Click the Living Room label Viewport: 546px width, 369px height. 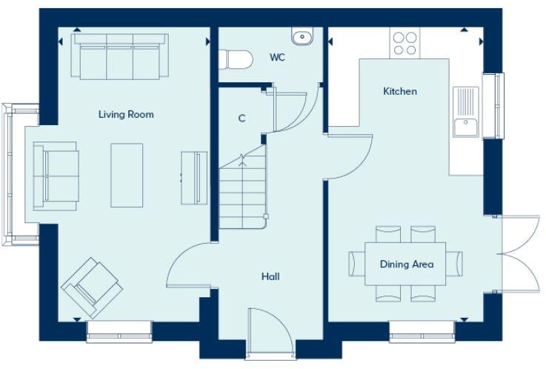(126, 114)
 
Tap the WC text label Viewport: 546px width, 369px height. (277, 57)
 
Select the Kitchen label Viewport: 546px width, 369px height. (399, 91)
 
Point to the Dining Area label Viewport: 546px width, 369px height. (406, 264)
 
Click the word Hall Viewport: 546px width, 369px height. (270, 276)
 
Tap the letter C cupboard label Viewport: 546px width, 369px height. (242, 118)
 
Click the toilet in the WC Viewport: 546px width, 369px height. (234, 58)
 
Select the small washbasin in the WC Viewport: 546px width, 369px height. (302, 36)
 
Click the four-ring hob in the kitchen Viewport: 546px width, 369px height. (404, 43)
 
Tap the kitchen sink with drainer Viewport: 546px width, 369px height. (465, 112)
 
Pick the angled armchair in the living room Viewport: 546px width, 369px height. (92, 287)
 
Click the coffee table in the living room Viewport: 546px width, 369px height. (127, 175)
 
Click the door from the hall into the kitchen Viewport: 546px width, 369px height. (348, 154)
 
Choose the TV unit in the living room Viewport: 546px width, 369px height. (194, 176)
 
